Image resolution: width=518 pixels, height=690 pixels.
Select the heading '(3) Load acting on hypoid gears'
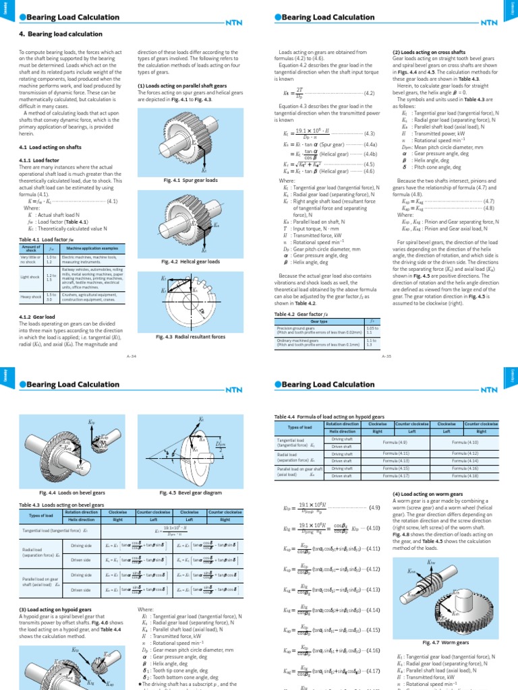click(51, 609)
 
